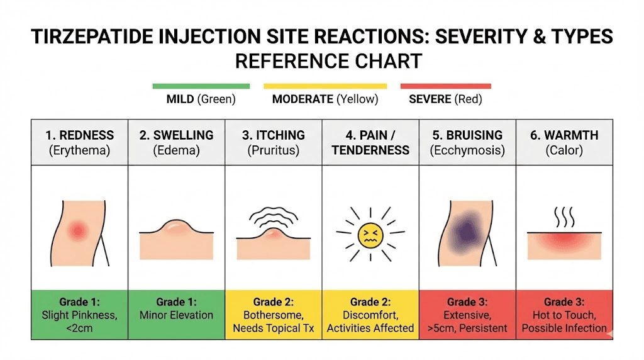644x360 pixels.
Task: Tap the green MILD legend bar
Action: point(201,86)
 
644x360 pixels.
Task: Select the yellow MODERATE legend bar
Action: point(325,86)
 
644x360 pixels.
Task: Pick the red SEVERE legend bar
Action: point(445,86)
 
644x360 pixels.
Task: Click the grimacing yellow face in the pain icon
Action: point(370,235)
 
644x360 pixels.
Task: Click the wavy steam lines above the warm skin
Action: point(564,218)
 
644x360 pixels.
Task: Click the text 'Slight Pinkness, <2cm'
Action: point(79,321)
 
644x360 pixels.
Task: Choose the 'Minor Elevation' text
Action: point(176,315)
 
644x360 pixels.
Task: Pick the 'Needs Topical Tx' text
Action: point(274,328)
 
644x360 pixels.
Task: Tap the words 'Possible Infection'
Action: point(564,328)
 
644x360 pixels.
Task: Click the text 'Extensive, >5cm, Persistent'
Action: point(467,321)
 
